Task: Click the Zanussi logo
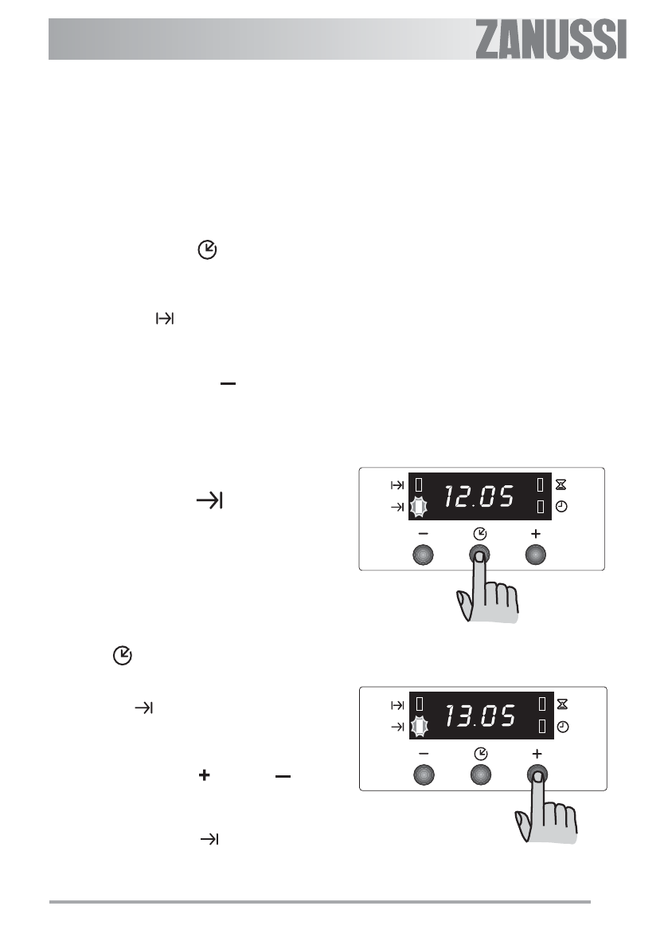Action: (x=551, y=40)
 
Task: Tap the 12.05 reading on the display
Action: (x=479, y=496)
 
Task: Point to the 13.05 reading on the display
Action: (x=480, y=716)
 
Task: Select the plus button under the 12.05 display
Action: (x=536, y=555)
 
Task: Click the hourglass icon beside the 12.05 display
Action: (x=561, y=484)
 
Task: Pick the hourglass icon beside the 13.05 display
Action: (x=562, y=704)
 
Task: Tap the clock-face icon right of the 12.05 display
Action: (x=561, y=507)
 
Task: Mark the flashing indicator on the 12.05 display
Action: (x=418, y=507)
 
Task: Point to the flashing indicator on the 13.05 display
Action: (x=419, y=726)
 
